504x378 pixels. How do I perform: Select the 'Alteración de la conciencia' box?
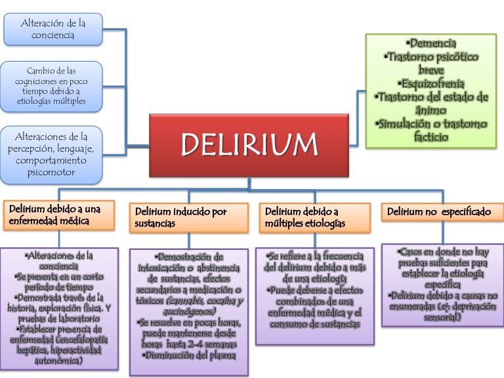tap(53, 30)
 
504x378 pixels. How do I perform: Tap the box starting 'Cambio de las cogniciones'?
tap(52, 87)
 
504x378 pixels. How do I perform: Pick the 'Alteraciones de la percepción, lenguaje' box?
tap(52, 155)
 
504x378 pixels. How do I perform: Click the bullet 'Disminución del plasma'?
tap(189, 355)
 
